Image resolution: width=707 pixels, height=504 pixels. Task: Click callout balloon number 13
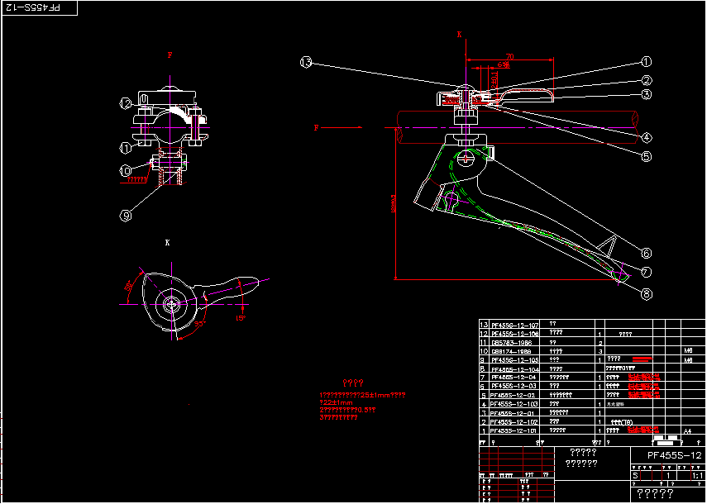[x=307, y=63]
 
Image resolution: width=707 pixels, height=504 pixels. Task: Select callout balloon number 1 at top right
[x=647, y=62]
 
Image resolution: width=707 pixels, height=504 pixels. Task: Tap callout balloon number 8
[x=647, y=292]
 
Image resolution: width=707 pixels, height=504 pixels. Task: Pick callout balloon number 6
[x=647, y=254]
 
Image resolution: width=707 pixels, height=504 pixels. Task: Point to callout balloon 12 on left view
[x=126, y=103]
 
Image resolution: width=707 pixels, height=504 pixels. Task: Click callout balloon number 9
[x=126, y=216]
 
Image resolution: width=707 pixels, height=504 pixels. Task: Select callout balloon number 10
[x=126, y=171]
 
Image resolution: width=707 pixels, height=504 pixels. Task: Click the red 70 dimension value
[x=509, y=56]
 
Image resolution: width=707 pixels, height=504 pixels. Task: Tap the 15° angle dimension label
[x=241, y=317]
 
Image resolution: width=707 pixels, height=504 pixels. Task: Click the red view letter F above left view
[x=170, y=55]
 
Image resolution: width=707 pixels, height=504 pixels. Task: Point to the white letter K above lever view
[x=167, y=243]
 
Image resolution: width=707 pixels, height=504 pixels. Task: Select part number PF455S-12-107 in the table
[x=514, y=325]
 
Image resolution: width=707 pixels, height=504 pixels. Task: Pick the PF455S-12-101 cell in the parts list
[x=514, y=430]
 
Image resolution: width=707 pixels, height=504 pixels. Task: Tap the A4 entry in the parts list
[x=687, y=430]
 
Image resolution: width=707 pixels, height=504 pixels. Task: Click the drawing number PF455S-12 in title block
[x=674, y=455]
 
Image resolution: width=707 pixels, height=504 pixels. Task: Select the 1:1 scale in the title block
[x=696, y=475]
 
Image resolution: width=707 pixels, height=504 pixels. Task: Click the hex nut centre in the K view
[x=172, y=304]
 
